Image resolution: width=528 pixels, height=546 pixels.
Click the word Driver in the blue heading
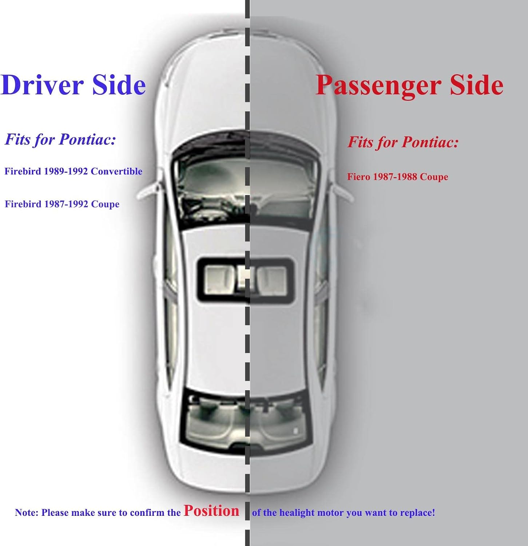point(43,85)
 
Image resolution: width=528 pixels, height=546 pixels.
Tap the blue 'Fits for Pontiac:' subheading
point(60,139)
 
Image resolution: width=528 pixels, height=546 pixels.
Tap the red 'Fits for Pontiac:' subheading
point(403,142)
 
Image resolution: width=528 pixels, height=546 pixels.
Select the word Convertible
point(116,171)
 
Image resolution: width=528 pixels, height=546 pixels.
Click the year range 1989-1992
point(66,171)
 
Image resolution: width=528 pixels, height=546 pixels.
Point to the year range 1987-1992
point(66,204)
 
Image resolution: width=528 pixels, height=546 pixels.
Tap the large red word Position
point(211,511)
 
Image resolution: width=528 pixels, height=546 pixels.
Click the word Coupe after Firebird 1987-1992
point(105,204)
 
